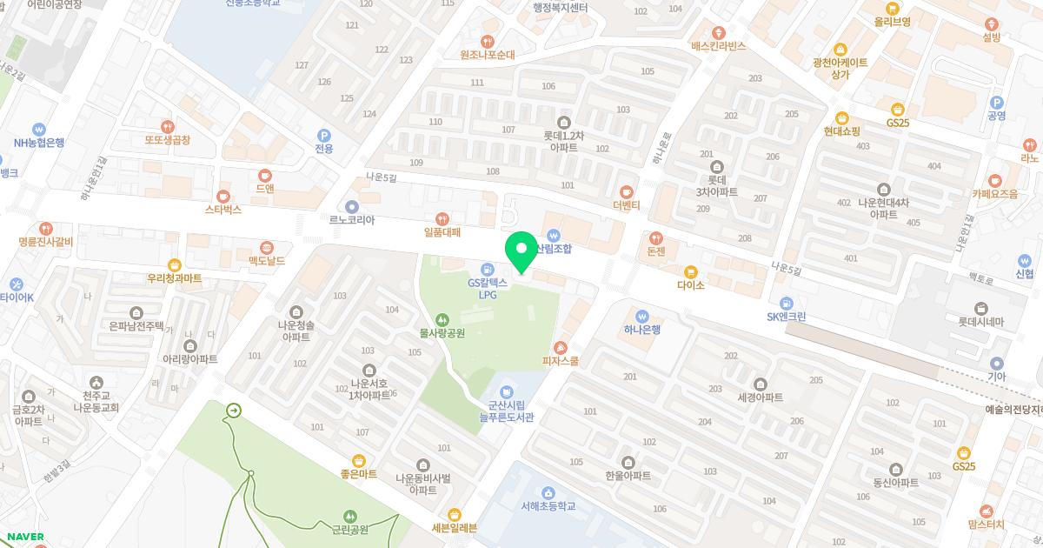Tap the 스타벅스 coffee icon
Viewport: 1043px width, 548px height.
[x=223, y=196]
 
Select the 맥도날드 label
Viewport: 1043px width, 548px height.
[x=267, y=260]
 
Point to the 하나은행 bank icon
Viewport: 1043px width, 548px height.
[x=642, y=316]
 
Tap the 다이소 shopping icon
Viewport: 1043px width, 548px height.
[x=691, y=271]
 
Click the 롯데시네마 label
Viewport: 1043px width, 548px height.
[x=980, y=321]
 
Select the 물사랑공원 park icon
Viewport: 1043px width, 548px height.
[x=442, y=319]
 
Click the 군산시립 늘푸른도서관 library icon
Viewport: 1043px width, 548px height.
[x=507, y=389]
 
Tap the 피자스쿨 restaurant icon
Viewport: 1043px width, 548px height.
[x=561, y=346]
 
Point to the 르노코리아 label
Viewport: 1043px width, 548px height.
[x=351, y=220]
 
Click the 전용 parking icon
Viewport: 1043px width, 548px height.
[x=323, y=135]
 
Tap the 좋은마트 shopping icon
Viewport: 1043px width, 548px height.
[x=359, y=460]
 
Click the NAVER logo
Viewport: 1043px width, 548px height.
[x=24, y=536]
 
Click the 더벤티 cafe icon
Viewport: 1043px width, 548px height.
[x=626, y=191]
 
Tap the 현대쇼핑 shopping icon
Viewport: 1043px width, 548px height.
[x=841, y=117]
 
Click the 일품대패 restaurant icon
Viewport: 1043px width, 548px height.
[x=442, y=218]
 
